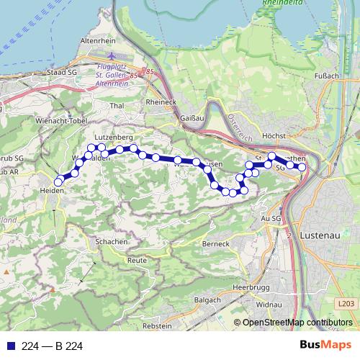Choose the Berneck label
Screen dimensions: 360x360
[215, 244]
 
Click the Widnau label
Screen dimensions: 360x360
[267, 305]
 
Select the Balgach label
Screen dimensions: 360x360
[208, 300]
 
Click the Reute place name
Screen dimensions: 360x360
[136, 260]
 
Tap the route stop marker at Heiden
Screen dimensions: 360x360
[58, 182]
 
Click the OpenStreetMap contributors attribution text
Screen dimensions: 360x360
[297, 323]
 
